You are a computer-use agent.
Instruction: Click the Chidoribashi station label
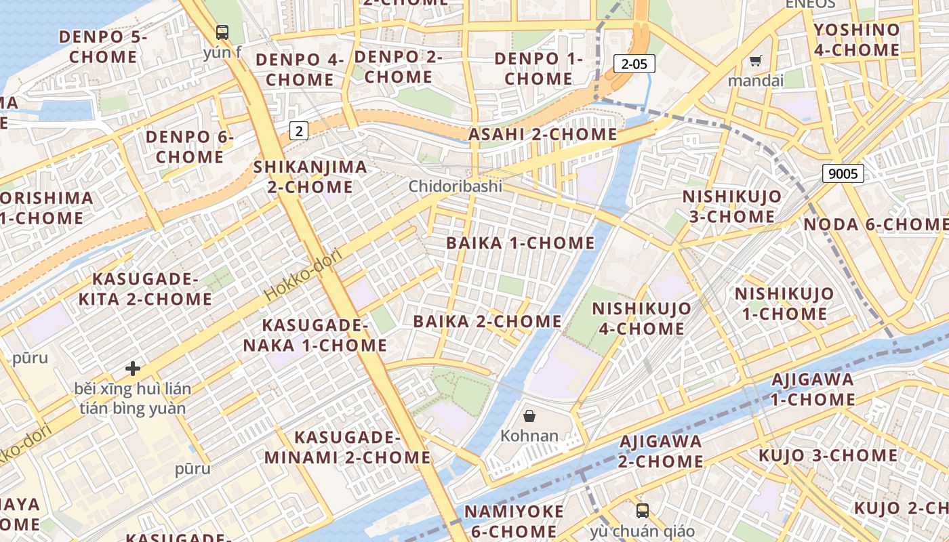pyautogui.click(x=455, y=186)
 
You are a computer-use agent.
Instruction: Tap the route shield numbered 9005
pyautogui.click(x=843, y=173)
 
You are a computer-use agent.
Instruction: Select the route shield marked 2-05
pyautogui.click(x=634, y=64)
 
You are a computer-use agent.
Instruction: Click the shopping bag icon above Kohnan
pyautogui.click(x=529, y=416)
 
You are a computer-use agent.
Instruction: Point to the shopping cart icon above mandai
pyautogui.click(x=755, y=61)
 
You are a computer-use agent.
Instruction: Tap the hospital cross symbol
pyautogui.click(x=133, y=369)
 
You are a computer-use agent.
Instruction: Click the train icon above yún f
pyautogui.click(x=222, y=32)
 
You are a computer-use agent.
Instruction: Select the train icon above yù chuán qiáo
pyautogui.click(x=642, y=511)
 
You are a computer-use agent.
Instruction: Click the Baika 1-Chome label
pyautogui.click(x=520, y=243)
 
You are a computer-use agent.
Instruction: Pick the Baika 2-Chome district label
pyautogui.click(x=487, y=321)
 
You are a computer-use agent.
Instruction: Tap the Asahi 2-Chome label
pyautogui.click(x=542, y=134)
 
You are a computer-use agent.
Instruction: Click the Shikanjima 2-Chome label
pyautogui.click(x=310, y=176)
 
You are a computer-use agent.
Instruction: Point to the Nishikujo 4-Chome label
pyautogui.click(x=641, y=318)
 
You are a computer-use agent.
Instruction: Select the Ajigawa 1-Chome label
pyautogui.click(x=813, y=389)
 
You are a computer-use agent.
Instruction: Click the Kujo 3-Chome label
pyautogui.click(x=828, y=455)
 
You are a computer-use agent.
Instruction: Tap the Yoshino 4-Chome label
pyautogui.click(x=856, y=39)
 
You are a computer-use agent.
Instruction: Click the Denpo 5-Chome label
pyautogui.click(x=102, y=46)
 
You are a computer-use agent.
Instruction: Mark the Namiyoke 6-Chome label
pyautogui.click(x=514, y=520)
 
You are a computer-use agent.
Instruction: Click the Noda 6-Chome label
pyautogui.click(x=875, y=224)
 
